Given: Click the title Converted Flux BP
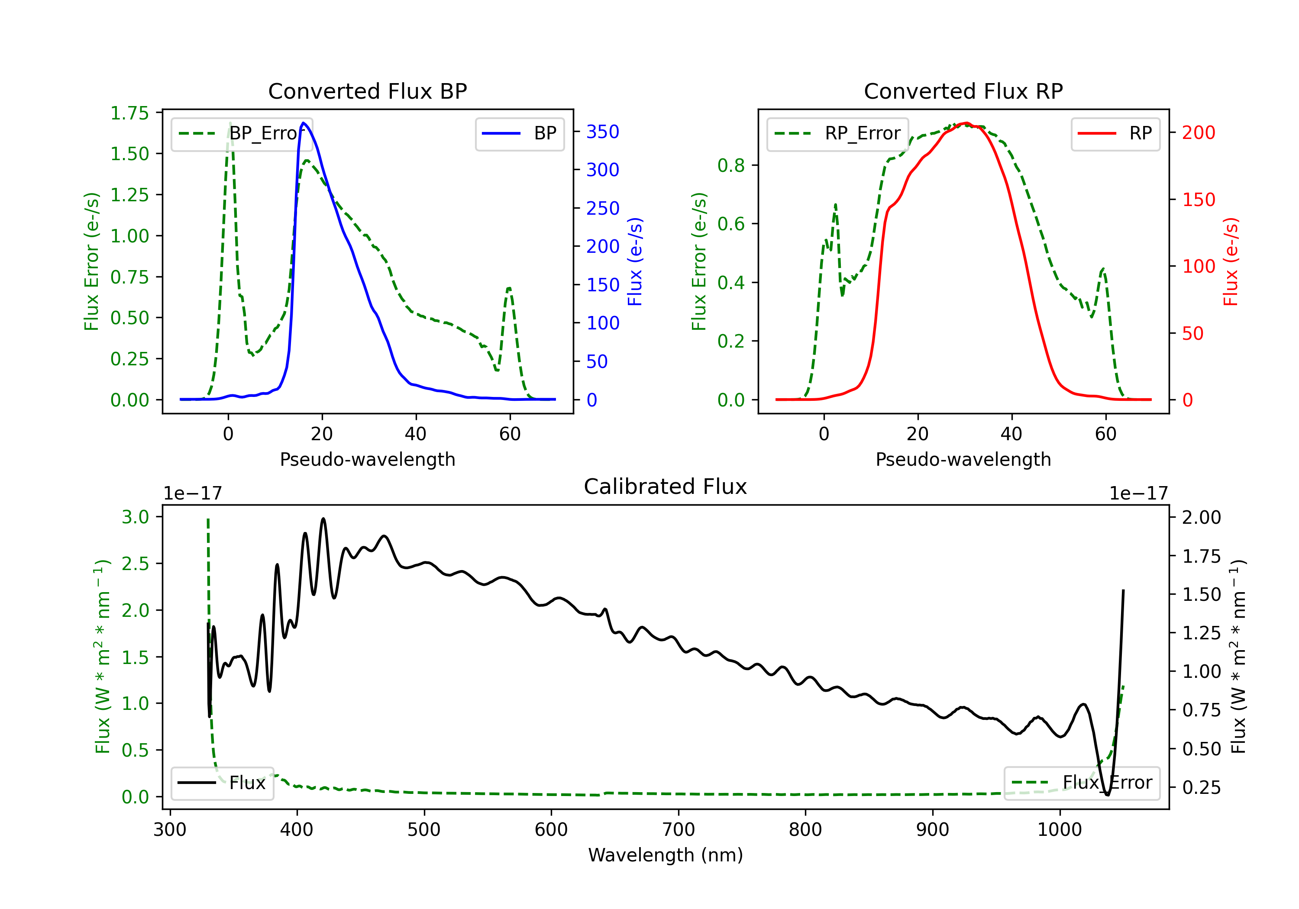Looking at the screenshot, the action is [x=367, y=91].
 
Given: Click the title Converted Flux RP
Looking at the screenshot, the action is [x=963, y=91].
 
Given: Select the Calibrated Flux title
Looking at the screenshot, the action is [x=666, y=487].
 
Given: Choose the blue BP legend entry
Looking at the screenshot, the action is [x=519, y=133].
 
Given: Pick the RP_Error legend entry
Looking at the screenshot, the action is [x=837, y=133].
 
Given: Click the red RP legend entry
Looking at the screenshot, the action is [x=1115, y=133].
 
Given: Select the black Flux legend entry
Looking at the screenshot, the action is [x=222, y=783].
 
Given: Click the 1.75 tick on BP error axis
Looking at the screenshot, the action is [x=129, y=113].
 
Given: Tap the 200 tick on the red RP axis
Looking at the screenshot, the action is [x=1198, y=132].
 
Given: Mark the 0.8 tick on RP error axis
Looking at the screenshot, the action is [x=731, y=165].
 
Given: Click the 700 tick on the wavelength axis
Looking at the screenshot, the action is [x=679, y=830].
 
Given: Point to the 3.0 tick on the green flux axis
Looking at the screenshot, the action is [x=135, y=517].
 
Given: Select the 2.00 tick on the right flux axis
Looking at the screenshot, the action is [x=1202, y=517].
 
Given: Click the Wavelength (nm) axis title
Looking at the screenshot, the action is [x=666, y=855].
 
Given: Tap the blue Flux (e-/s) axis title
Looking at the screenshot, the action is [x=635, y=262].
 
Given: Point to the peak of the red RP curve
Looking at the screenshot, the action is [x=966, y=123].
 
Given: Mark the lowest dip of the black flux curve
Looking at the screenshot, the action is [x=1107, y=795].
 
